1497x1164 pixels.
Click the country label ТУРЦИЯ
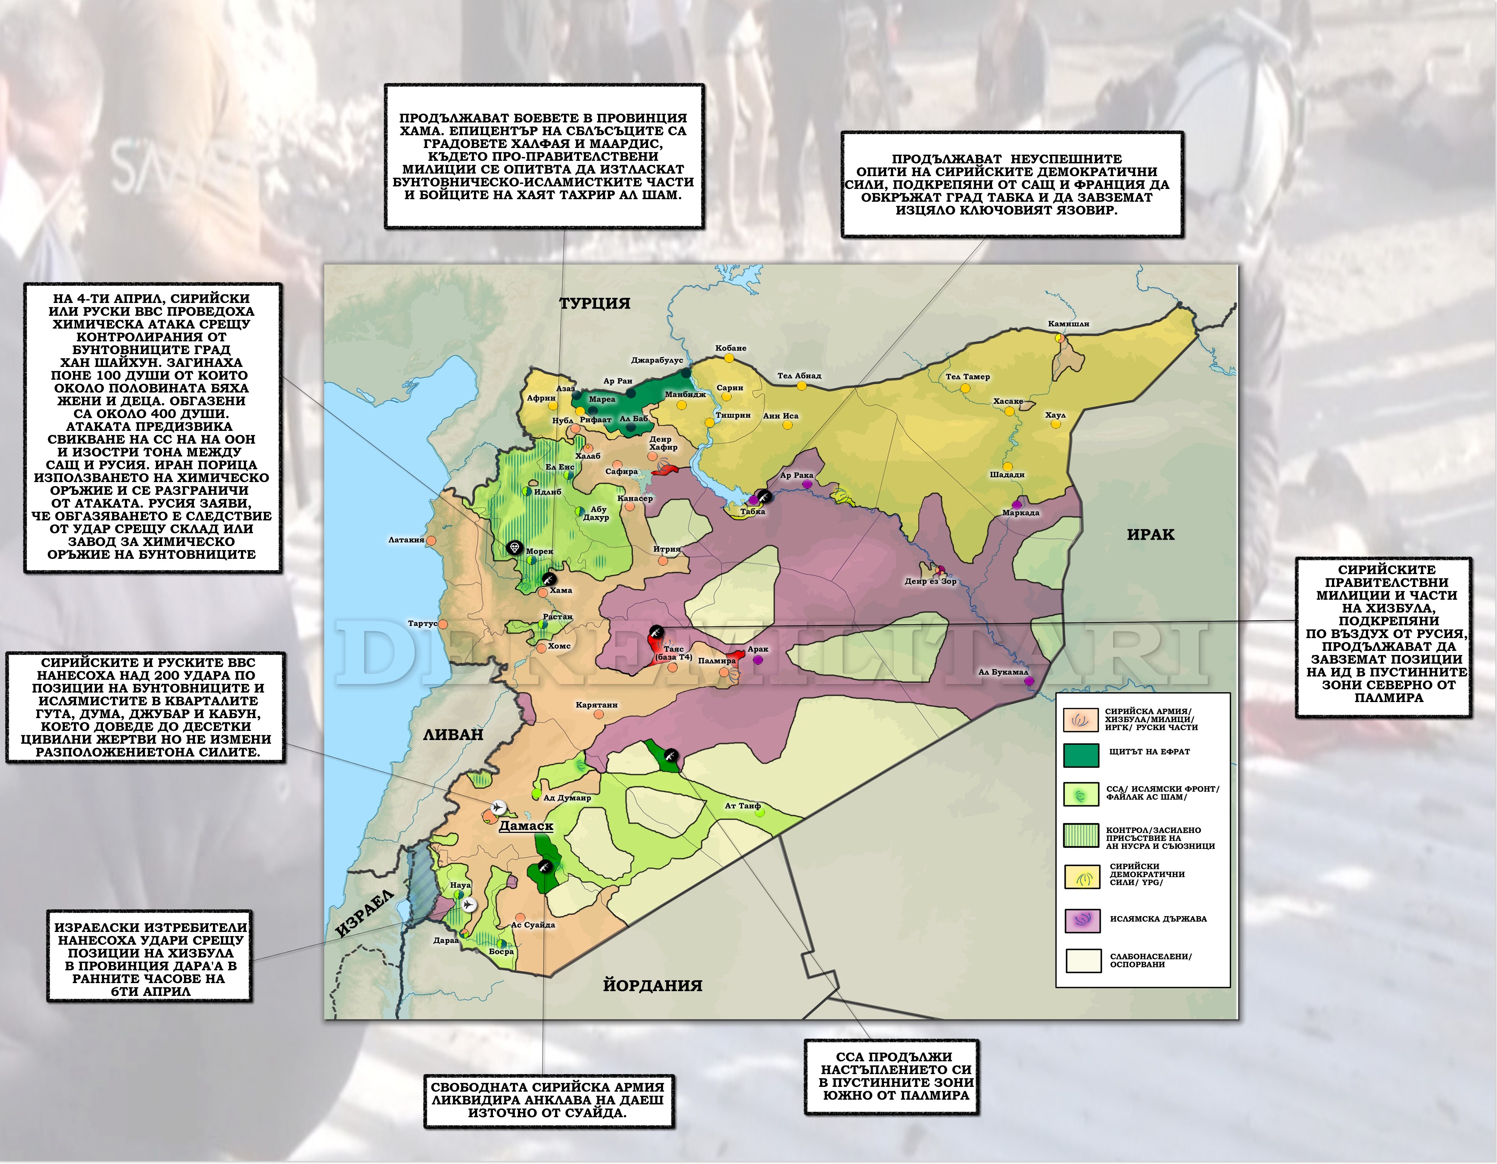tap(594, 303)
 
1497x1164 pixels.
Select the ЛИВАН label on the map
tap(453, 735)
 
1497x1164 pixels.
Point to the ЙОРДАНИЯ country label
tap(652, 986)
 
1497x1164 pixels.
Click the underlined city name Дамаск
tap(526, 826)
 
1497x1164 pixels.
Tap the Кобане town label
tap(731, 348)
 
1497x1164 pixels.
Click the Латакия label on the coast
tap(406, 540)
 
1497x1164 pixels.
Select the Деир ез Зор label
tap(930, 581)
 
